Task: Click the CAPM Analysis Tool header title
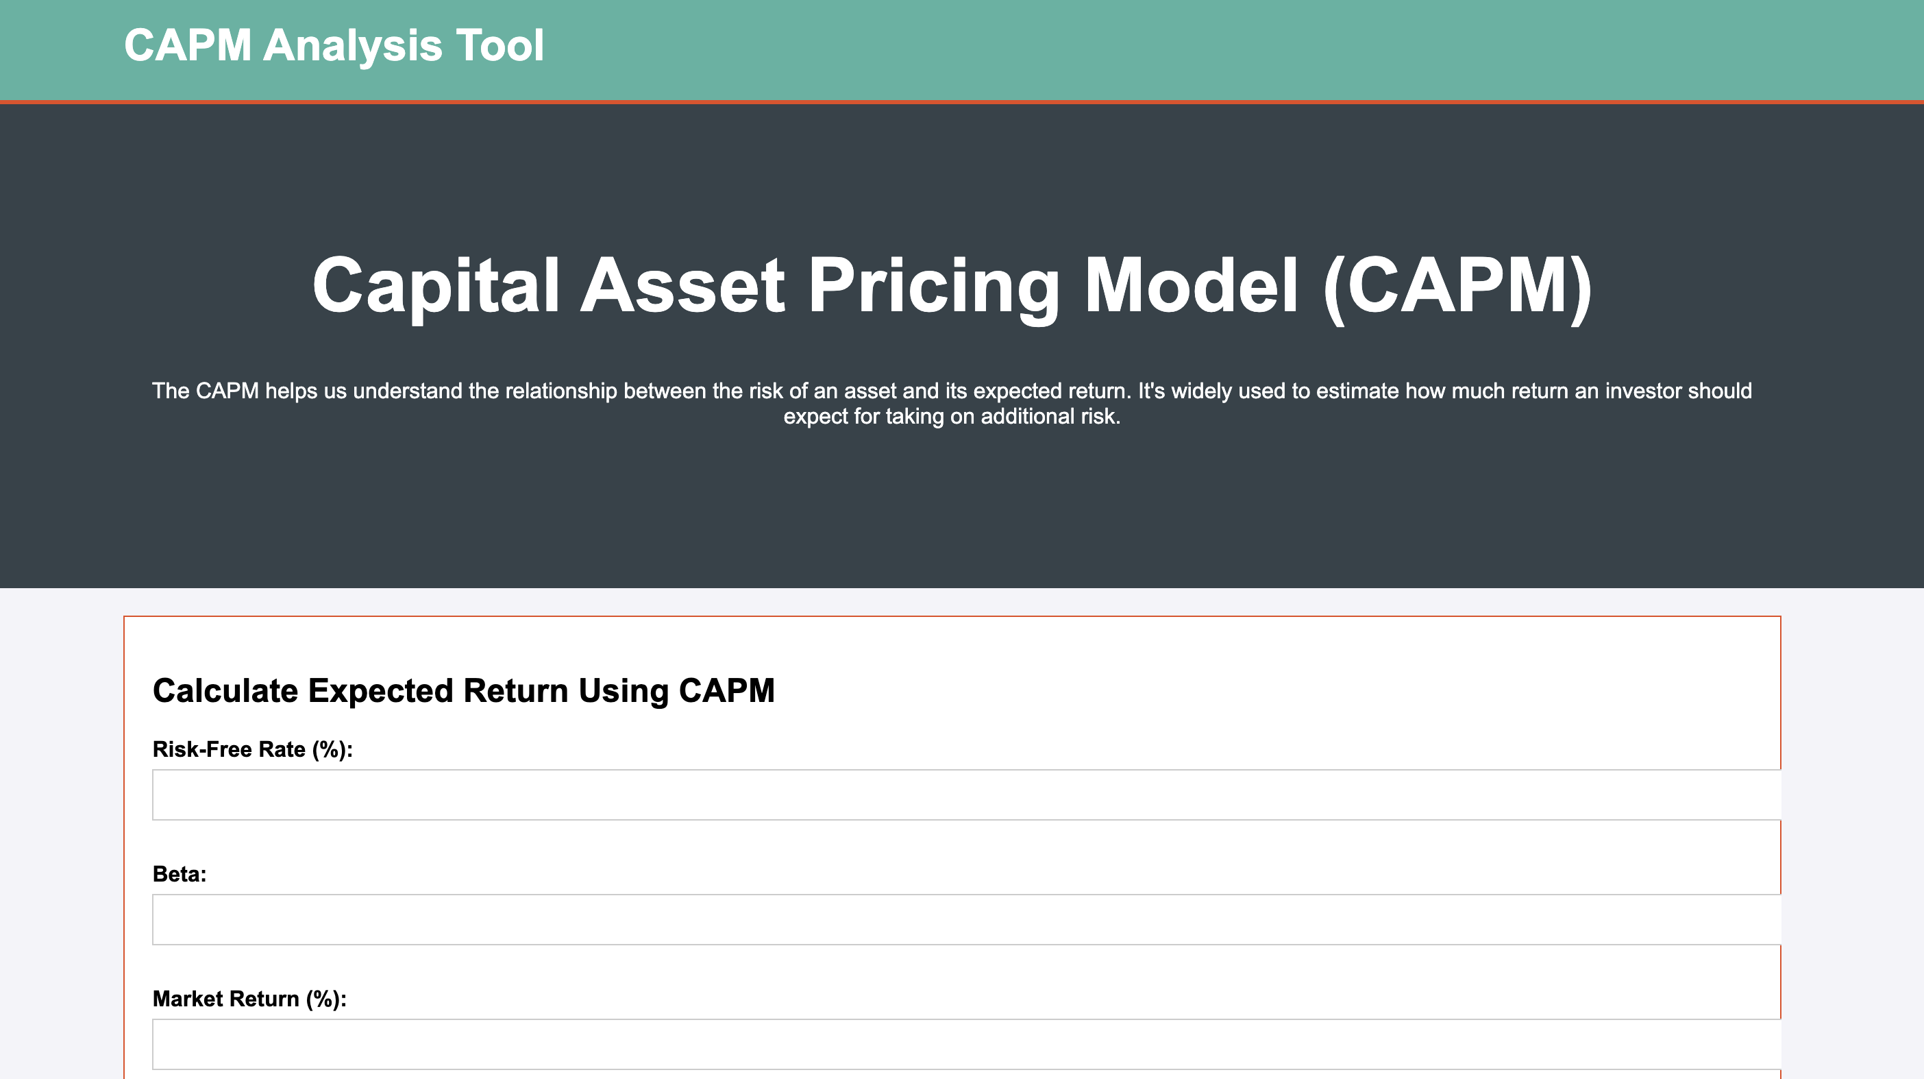point(334,45)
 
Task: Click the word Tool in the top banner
point(500,45)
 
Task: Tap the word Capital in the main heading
point(436,289)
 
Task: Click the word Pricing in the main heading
point(934,289)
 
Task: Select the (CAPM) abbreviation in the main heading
point(1457,289)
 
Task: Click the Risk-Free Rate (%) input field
point(967,795)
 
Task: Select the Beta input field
point(967,920)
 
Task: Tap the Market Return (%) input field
point(967,1045)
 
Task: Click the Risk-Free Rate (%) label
point(252,749)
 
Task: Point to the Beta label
point(180,874)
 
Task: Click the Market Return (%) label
point(249,999)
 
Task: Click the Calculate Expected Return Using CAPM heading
point(464,691)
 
